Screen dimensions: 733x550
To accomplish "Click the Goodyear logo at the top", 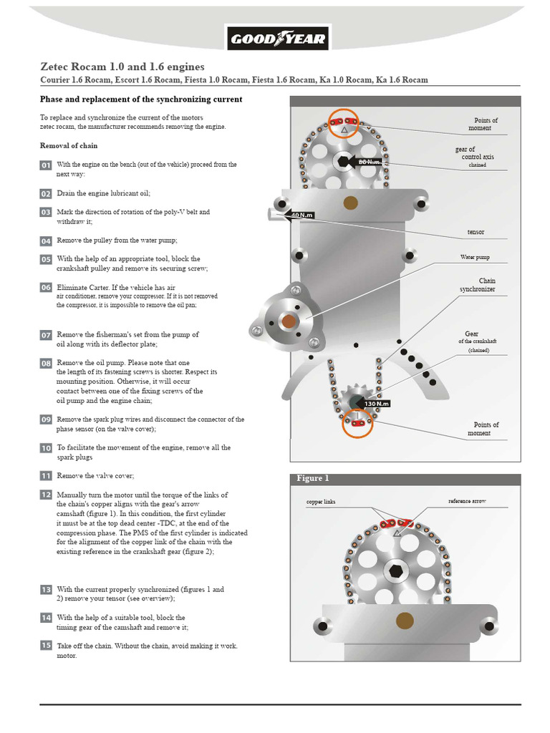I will point(277,39).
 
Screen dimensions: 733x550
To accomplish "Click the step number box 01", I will point(46,166).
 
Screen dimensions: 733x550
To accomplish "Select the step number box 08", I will point(46,364).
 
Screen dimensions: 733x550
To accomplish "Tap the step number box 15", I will point(46,646).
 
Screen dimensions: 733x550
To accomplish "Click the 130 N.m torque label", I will point(375,404).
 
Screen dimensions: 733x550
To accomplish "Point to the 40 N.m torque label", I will point(302,215).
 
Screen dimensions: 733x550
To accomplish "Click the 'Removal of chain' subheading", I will point(69,145).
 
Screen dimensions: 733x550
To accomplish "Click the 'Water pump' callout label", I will point(475,256).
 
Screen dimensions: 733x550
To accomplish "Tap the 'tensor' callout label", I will point(476,233).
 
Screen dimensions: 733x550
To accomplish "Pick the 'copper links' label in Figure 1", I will point(321,502).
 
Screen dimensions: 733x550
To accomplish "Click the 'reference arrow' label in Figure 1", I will point(467,501).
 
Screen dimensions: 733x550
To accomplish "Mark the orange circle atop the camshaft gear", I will point(344,124).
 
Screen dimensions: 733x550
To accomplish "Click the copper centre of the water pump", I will point(289,322).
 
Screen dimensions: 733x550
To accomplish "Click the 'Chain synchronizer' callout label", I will point(478,285).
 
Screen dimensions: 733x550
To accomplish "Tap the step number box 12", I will point(46,495).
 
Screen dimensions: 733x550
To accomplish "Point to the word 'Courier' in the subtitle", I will point(57,79).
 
